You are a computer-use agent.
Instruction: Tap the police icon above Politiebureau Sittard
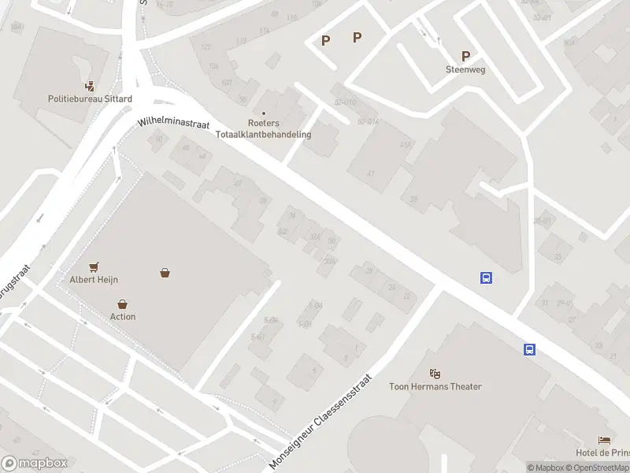(89, 86)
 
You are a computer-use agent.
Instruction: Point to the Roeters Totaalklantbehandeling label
(280, 128)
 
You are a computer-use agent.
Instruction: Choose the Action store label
(123, 316)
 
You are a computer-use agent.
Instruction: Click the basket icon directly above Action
(123, 304)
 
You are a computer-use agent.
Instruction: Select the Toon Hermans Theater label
(435, 386)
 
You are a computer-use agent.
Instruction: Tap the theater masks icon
(435, 373)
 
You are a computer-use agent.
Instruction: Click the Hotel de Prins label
(602, 452)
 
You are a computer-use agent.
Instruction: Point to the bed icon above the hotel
(604, 440)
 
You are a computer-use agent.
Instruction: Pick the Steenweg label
(465, 69)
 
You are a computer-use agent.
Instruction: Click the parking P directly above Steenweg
(465, 56)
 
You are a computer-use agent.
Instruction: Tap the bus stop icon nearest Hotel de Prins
(530, 349)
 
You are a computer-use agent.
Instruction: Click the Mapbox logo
(34, 464)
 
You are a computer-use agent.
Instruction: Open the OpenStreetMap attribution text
(598, 467)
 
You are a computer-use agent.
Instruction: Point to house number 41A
(406, 144)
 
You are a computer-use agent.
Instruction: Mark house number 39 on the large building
(413, 199)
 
